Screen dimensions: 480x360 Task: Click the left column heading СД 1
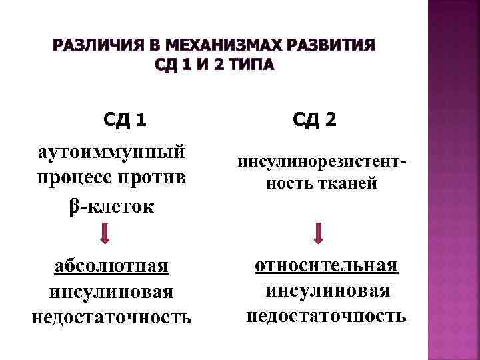(125, 121)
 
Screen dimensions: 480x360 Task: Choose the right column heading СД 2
(315, 121)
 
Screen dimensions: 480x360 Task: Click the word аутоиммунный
(111, 151)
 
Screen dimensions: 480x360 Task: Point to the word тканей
(351, 183)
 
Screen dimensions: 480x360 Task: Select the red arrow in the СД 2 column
(319, 233)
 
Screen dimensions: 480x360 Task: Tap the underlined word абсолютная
(111, 266)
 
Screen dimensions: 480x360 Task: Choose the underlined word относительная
(327, 265)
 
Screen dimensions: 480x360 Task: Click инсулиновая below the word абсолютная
(111, 291)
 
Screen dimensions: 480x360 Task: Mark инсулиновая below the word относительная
(327, 290)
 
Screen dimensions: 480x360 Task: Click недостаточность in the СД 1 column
(111, 317)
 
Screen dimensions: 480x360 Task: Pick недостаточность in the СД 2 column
(327, 315)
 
